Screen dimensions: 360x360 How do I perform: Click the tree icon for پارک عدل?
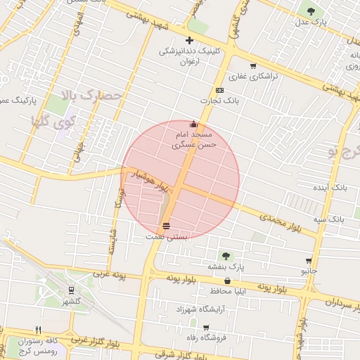(x=311, y=11)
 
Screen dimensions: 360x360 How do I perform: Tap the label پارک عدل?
(x=311, y=23)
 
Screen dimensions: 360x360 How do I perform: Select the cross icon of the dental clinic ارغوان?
(x=189, y=41)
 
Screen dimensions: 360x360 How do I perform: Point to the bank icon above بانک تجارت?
(x=219, y=90)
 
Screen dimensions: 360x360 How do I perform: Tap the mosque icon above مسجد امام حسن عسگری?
(x=194, y=124)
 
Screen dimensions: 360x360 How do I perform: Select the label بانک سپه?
(x=329, y=219)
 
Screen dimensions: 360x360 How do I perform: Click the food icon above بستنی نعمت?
(x=167, y=226)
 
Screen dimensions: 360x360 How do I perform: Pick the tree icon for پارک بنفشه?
(x=226, y=255)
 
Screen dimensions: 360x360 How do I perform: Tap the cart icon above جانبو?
(x=309, y=260)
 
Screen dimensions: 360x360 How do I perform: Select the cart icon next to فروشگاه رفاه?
(x=205, y=327)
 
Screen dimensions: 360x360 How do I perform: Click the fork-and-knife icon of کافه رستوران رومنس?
(x=39, y=330)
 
